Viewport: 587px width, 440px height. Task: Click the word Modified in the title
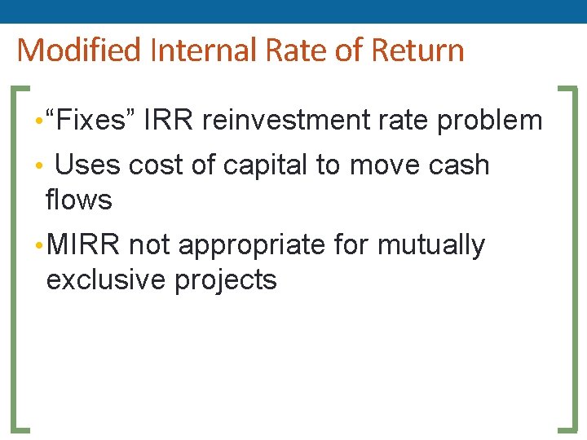pos(79,51)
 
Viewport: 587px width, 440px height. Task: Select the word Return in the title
pos(417,51)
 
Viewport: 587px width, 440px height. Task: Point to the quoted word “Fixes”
pos(91,121)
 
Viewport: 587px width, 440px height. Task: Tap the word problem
pos(489,121)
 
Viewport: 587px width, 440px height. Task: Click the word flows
pos(79,199)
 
